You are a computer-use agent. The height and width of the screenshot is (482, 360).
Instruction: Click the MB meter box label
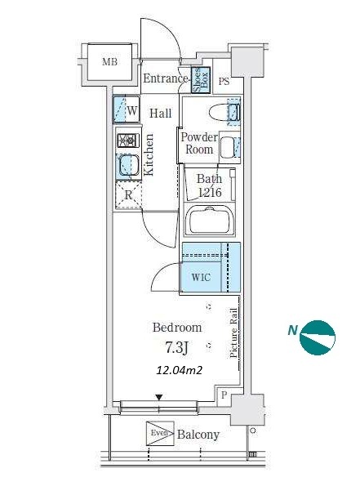click(x=109, y=62)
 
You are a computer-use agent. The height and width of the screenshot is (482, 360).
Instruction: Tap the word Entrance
click(x=165, y=78)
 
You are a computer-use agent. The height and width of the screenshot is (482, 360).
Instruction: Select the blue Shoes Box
click(x=201, y=80)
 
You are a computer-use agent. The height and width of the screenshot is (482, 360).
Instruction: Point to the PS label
click(x=224, y=82)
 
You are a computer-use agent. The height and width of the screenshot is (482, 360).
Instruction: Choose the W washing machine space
click(x=127, y=109)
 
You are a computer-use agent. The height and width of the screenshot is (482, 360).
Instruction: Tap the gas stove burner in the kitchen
click(x=128, y=141)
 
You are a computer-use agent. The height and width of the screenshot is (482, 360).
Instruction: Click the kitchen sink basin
click(x=128, y=166)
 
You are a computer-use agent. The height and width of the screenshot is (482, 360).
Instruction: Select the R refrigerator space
click(x=128, y=195)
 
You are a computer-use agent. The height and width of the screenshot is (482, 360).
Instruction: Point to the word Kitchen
click(x=149, y=154)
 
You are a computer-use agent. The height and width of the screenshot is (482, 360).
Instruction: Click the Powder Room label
click(x=199, y=143)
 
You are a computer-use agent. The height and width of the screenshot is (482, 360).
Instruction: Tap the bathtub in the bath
click(x=209, y=220)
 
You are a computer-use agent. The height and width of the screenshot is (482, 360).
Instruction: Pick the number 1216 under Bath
click(x=210, y=193)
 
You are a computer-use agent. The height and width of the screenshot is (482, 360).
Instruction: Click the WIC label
click(x=201, y=277)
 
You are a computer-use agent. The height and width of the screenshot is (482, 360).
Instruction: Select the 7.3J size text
click(x=176, y=347)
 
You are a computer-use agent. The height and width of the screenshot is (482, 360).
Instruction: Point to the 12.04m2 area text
click(x=180, y=370)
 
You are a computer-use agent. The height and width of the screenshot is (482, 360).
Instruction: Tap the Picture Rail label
click(x=234, y=333)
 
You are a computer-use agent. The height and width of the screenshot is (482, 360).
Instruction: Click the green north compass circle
click(x=318, y=338)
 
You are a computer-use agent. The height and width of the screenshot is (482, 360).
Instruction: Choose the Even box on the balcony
click(x=160, y=433)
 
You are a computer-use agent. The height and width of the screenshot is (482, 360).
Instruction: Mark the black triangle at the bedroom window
click(x=159, y=397)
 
